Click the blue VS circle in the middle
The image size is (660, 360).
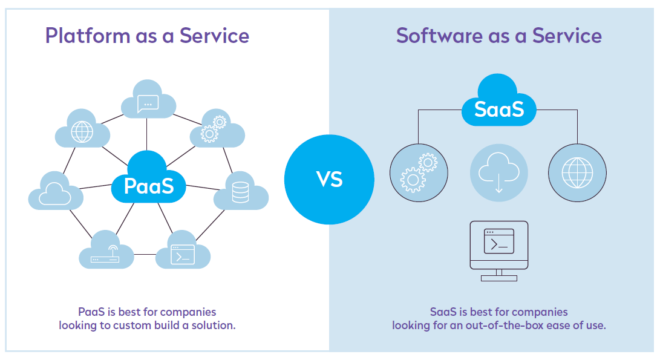pyautogui.click(x=329, y=179)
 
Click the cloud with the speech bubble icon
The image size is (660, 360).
pyautogui.click(x=148, y=103)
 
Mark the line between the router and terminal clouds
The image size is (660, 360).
pyautogui.click(x=145, y=254)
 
